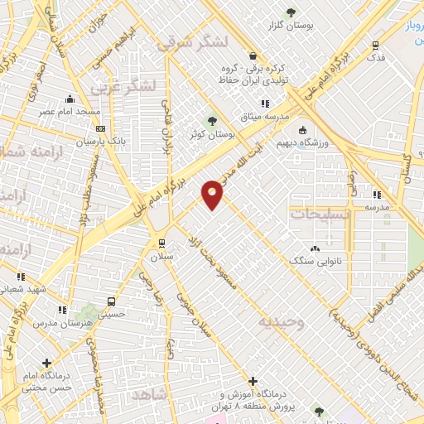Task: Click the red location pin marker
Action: [x=213, y=193]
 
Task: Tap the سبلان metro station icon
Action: [x=162, y=243]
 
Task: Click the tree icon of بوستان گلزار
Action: [x=291, y=12]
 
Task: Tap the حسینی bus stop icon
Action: [x=111, y=301]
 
